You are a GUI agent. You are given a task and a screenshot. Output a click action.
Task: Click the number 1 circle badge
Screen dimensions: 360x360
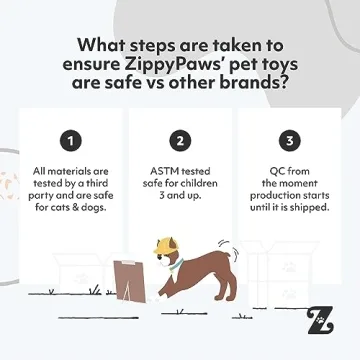point(71,139)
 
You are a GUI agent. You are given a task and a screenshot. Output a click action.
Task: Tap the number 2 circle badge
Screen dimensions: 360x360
point(180,139)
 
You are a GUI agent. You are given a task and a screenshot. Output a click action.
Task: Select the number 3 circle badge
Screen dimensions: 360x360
point(289,139)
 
